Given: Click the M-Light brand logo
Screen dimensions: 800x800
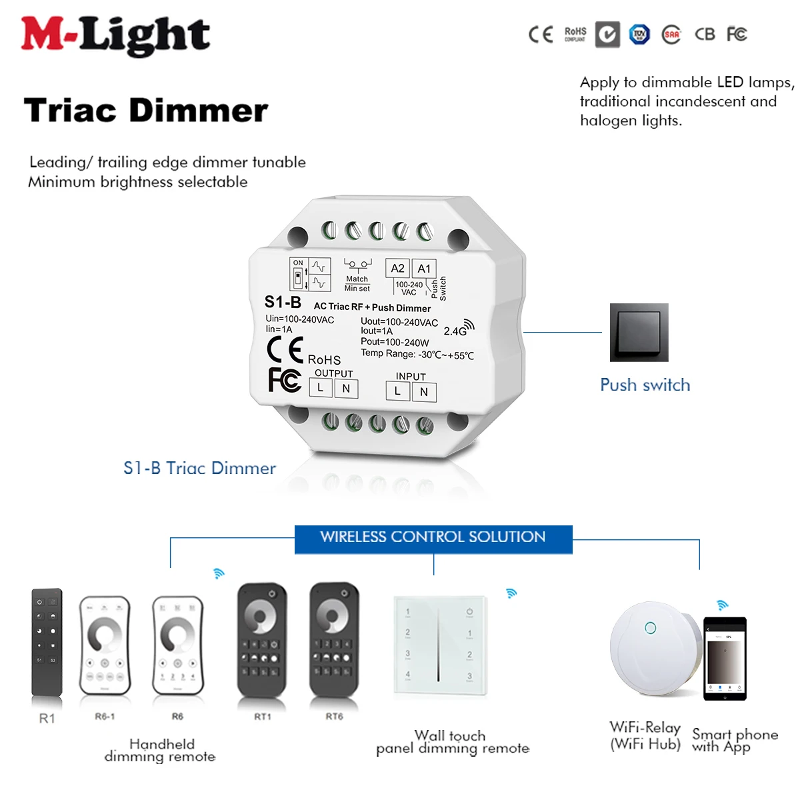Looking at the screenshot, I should (x=115, y=35).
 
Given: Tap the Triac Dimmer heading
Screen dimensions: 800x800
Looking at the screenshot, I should (x=145, y=111).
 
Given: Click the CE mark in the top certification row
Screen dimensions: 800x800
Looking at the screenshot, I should (x=541, y=35).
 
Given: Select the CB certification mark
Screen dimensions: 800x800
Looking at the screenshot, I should (x=705, y=34).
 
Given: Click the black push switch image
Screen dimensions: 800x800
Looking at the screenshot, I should (x=639, y=333).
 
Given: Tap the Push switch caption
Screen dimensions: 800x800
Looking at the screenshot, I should (x=645, y=385).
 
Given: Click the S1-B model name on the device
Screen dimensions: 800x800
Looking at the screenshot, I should (x=283, y=302).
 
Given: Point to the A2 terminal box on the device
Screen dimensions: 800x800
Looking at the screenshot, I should (x=397, y=269).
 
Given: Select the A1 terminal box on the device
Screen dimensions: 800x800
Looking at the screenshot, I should (x=424, y=269).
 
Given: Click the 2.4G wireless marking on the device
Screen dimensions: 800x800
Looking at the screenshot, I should (x=458, y=329).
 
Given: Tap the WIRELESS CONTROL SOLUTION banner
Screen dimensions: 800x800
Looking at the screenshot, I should (x=433, y=537).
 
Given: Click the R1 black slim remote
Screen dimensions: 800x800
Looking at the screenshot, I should (x=47, y=643).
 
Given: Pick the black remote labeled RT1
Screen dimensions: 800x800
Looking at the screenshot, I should (x=262, y=640).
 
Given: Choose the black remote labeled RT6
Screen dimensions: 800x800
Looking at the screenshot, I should (x=333, y=640).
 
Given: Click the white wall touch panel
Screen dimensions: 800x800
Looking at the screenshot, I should (x=439, y=645).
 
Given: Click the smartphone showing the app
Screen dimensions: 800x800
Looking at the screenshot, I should (x=725, y=659).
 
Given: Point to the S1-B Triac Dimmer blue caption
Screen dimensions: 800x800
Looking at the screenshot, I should (x=199, y=468).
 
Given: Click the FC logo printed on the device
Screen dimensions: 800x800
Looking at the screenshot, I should (x=285, y=380).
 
